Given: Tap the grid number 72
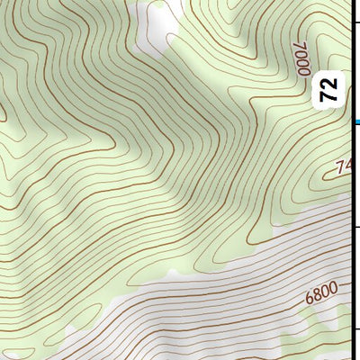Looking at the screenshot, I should tap(330, 89).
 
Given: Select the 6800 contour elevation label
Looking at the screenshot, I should tap(320, 293).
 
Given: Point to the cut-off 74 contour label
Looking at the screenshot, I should tap(343, 167).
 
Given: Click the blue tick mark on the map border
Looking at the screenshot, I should tap(356, 121).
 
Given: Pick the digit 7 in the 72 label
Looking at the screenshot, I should tap(330, 95).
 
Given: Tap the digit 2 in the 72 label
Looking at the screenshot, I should tap(330, 83).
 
